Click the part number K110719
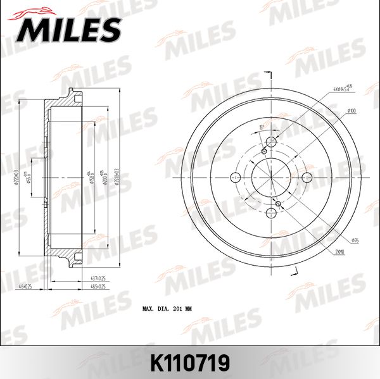point(189,363)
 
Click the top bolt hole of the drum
point(272,141)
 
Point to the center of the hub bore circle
point(272,177)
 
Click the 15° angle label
point(261,127)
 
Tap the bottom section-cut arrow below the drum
point(295,271)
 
